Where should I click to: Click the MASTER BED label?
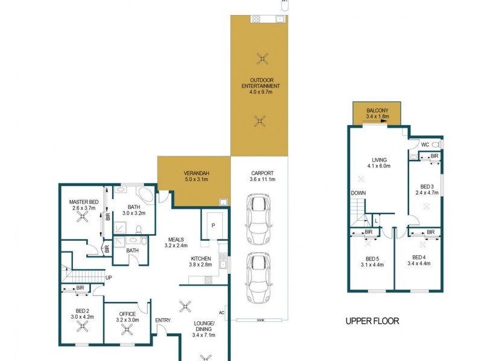coord(84,202)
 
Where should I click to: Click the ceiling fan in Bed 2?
coord(83,327)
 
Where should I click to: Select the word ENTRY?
coord(163,320)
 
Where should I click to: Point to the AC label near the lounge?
coord(222,312)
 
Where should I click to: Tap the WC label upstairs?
coord(425,144)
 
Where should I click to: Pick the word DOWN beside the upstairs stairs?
coord(358,193)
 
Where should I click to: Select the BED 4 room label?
coord(419,256)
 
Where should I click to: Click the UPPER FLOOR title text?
coord(372,321)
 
